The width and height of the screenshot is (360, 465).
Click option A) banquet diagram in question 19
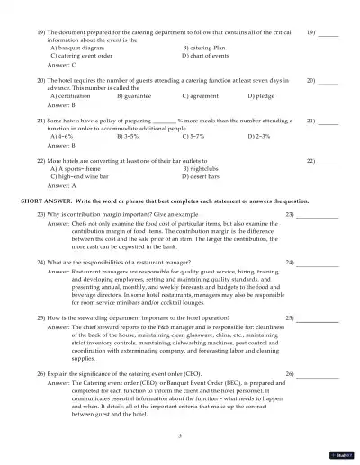[71, 47]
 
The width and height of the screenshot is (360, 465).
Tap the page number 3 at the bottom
[180, 434]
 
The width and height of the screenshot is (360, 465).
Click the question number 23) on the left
[41, 214]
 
